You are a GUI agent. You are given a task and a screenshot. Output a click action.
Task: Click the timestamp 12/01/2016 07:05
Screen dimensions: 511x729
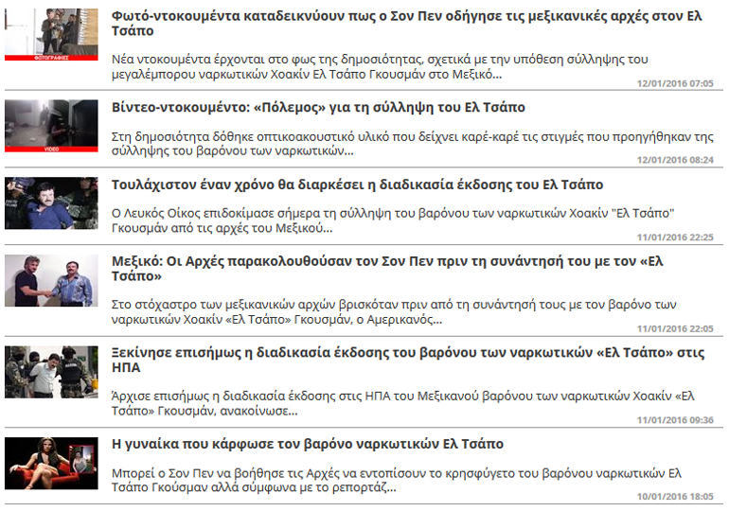(x=675, y=83)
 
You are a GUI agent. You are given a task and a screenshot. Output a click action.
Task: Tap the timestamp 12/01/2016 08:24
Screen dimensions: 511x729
(x=675, y=160)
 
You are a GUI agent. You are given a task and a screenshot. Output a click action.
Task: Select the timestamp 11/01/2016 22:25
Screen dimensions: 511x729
(x=675, y=238)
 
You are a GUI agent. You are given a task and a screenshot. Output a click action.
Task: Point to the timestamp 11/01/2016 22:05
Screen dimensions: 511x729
(x=675, y=328)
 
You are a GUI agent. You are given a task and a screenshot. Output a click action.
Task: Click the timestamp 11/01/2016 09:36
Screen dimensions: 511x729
(x=675, y=419)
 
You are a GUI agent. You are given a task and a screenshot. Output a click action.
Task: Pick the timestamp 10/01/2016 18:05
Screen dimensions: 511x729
(x=675, y=496)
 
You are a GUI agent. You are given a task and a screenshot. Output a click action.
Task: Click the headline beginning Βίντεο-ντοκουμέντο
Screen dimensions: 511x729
(x=318, y=108)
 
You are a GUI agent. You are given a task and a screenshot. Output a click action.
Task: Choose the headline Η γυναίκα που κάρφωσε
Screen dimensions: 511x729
(x=308, y=444)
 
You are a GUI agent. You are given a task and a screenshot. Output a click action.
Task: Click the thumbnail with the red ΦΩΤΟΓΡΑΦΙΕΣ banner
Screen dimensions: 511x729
(x=51, y=34)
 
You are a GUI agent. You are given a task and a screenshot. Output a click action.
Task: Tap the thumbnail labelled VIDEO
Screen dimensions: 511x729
(x=51, y=126)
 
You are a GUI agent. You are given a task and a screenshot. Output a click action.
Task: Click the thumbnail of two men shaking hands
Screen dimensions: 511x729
(x=51, y=280)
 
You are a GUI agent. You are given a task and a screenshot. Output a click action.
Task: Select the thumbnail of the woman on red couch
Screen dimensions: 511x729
(x=51, y=463)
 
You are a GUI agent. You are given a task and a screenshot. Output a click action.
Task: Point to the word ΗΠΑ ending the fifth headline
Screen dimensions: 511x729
(x=126, y=368)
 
